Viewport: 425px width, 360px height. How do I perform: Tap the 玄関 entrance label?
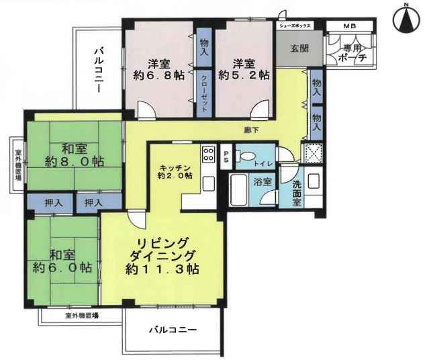299,48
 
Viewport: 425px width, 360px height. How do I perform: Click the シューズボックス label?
294,26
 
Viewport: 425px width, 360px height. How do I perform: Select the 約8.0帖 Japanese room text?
64,161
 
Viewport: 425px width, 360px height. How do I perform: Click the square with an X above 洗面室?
313,153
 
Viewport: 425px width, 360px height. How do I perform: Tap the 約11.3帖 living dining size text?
161,269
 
